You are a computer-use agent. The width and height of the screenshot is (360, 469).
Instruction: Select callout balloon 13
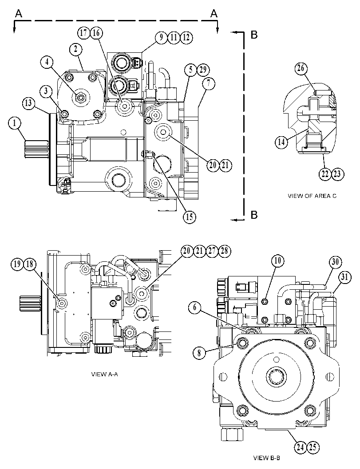pyautogui.click(x=28, y=103)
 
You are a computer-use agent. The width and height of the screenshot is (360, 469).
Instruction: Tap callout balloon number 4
pyautogui.click(x=47, y=63)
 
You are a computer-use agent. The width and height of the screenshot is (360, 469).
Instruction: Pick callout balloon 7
pyautogui.click(x=209, y=84)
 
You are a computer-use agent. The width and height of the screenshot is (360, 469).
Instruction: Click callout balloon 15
pyautogui.click(x=190, y=216)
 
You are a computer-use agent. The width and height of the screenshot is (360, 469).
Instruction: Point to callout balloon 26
pyautogui.click(x=301, y=68)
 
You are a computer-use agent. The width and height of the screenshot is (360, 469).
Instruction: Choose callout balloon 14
pyautogui.click(x=281, y=142)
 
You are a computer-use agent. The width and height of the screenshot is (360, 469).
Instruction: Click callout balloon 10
pyautogui.click(x=278, y=261)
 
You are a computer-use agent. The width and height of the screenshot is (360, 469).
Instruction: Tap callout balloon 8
pyautogui.click(x=199, y=353)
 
